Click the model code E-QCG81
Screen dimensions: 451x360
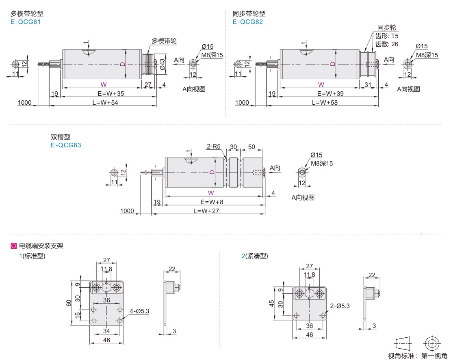26,22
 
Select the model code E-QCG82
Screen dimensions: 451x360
248,22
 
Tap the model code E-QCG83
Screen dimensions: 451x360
66,145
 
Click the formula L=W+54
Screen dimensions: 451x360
105,103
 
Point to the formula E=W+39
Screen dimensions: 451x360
330,94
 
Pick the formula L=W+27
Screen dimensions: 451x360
206,211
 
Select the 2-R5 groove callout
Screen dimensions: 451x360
213,147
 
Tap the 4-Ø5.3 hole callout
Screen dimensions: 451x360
139,311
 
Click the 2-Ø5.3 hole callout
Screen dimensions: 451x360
340,306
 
